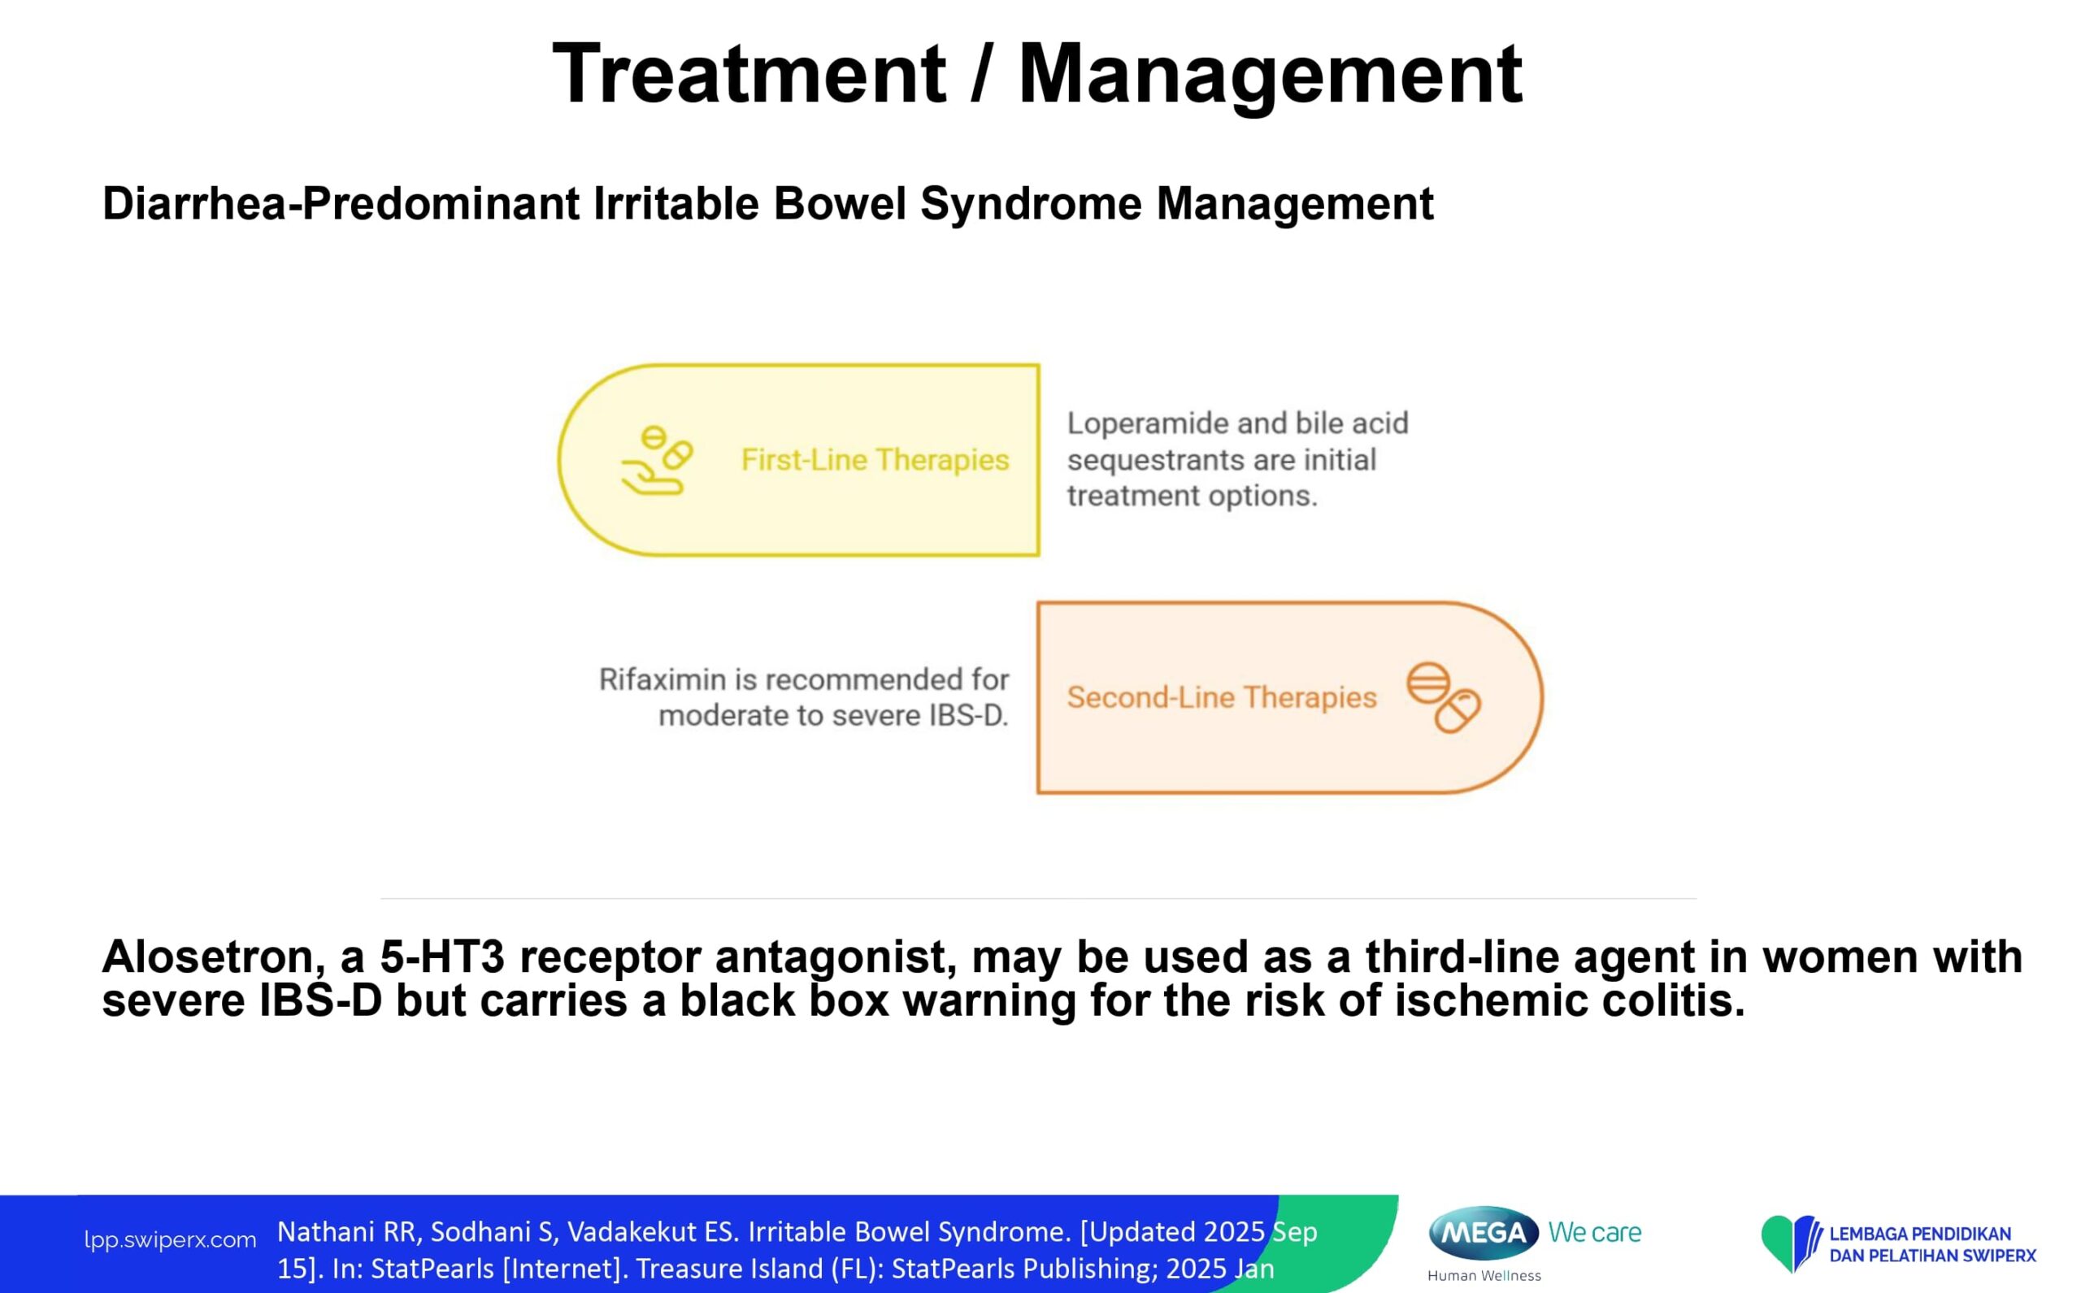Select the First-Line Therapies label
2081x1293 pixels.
coord(875,460)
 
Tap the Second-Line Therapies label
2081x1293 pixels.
coord(1222,698)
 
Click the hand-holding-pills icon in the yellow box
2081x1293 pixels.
coord(656,460)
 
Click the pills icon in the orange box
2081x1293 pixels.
coord(1444,698)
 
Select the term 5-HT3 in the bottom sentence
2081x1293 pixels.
coord(442,957)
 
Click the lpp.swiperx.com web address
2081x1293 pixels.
coord(170,1240)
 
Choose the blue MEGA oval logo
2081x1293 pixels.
coord(1484,1232)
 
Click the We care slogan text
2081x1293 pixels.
coord(1594,1232)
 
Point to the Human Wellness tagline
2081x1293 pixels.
coord(1484,1276)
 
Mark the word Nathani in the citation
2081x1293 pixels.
coord(326,1232)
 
